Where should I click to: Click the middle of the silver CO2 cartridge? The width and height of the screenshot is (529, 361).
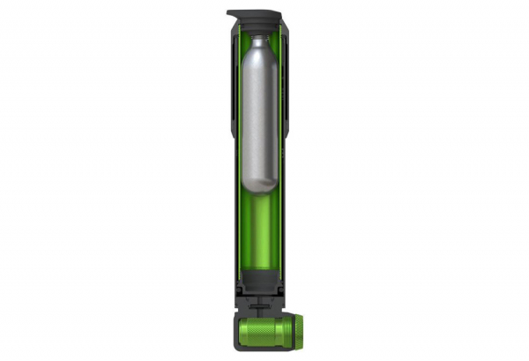[x=262, y=115]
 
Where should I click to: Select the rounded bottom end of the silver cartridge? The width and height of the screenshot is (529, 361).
[x=262, y=185]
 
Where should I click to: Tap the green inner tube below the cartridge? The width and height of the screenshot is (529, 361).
[x=262, y=234]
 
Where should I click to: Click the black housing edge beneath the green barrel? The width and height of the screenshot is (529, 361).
[x=264, y=352]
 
